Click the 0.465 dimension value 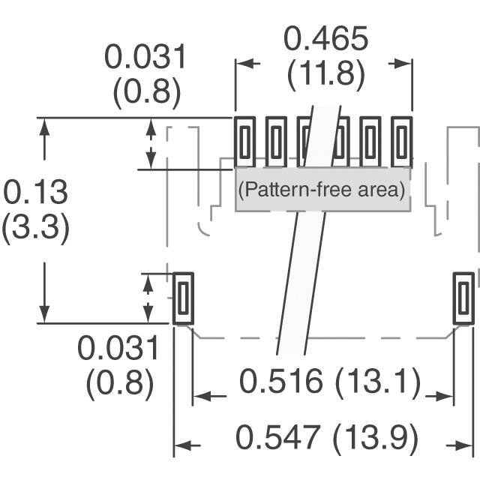(x=325, y=38)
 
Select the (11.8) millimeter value (x=326, y=74)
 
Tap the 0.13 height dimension (x=35, y=192)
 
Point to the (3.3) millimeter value (x=36, y=227)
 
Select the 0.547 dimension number (x=278, y=436)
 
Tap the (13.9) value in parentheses (x=375, y=438)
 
